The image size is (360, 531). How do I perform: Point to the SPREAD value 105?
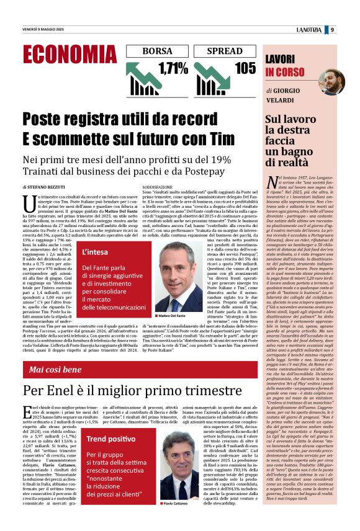tap(245, 68)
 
